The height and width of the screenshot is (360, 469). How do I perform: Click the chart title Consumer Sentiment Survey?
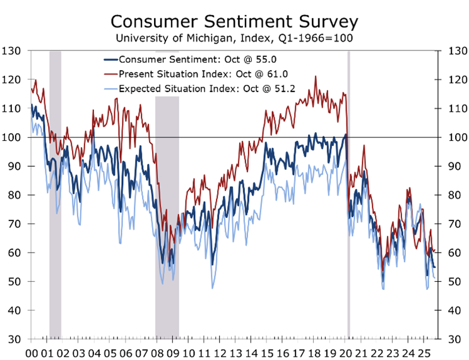click(234, 21)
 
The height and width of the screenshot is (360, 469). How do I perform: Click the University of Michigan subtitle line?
click(234, 39)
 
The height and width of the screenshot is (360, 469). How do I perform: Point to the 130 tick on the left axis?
click(11, 51)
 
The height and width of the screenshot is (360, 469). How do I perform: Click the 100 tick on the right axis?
click(458, 137)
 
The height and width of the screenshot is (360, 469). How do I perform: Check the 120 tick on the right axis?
click(458, 80)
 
